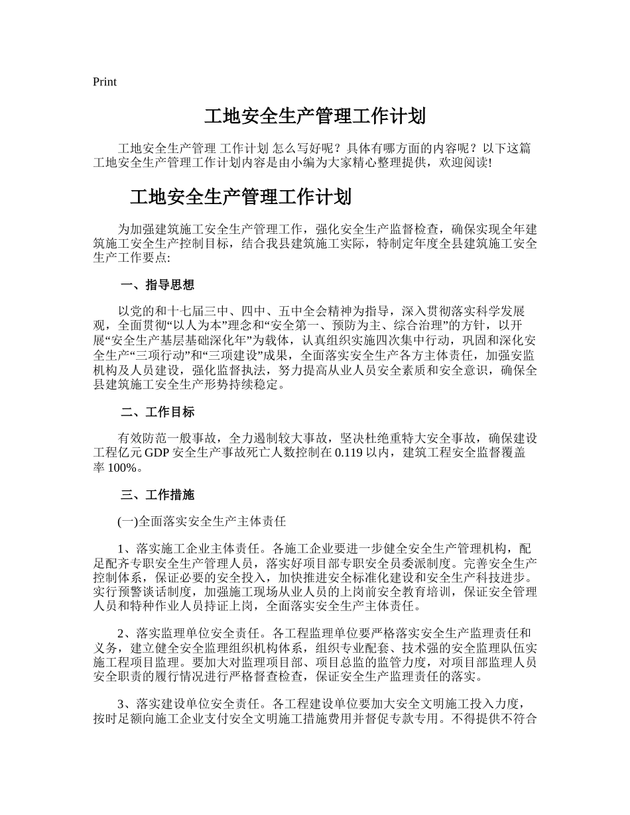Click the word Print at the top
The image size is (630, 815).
coord(105,82)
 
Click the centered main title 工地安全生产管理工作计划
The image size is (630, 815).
coord(314,117)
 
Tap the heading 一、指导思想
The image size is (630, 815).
coord(158,286)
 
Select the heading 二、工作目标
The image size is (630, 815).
coord(158,412)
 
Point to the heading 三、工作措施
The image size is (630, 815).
coord(158,495)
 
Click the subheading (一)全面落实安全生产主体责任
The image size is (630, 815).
coord(202,521)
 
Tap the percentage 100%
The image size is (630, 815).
coord(123,468)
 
